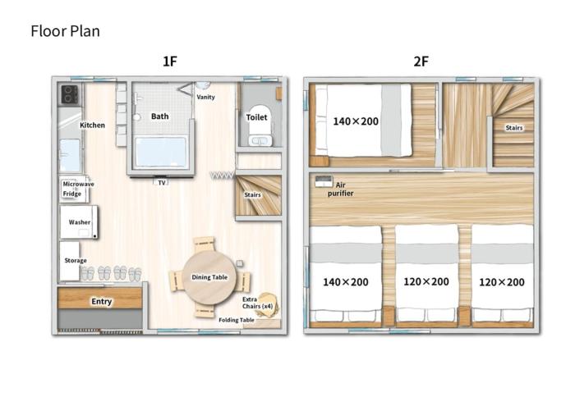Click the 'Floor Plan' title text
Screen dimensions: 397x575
pos(65,31)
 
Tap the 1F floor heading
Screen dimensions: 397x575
pos(170,62)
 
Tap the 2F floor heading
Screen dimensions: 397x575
pos(421,62)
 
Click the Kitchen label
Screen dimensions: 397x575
pos(92,125)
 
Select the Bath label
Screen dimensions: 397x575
pos(160,116)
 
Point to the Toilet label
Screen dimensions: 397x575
pos(256,117)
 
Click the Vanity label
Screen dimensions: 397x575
pos(206,97)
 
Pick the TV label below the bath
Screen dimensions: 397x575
pos(162,182)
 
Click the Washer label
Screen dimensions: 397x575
pos(80,222)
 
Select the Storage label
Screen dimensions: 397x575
pos(76,260)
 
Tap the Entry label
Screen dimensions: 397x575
pos(101,302)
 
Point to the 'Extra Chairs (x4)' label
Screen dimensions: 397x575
pos(250,304)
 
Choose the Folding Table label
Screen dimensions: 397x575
pos(236,320)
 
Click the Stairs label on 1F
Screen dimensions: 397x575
pos(254,195)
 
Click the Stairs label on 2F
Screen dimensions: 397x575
pos(513,127)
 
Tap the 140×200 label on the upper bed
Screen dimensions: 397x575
pos(356,121)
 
